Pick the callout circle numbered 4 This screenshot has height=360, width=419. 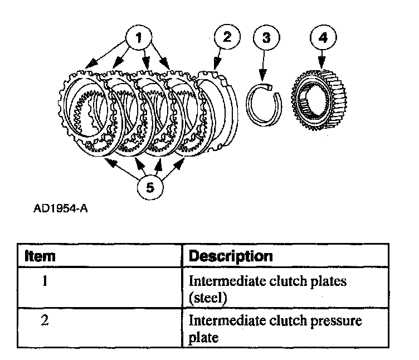tap(322, 38)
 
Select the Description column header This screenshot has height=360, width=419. tap(231, 256)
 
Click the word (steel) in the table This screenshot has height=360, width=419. tap(208, 298)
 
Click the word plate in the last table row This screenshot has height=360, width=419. tap(203, 338)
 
